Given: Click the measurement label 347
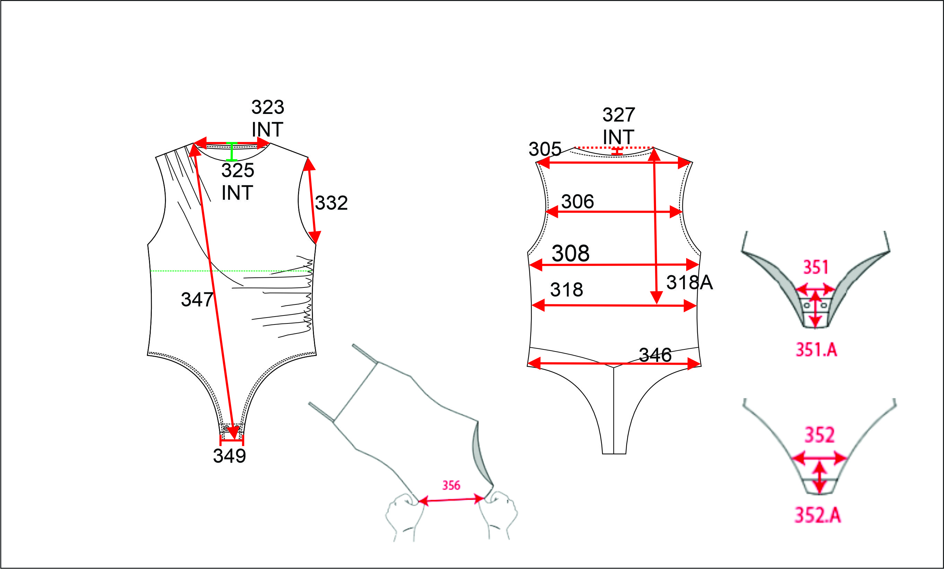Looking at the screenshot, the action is point(197,300).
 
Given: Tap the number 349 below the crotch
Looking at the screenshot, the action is point(229,456).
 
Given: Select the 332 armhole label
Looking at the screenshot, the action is point(331,203).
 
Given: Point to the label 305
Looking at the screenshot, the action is point(545,149).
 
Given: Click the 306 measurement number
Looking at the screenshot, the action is point(578,202).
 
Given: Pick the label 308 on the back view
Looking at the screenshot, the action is point(570,253).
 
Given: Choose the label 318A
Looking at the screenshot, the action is point(690,283).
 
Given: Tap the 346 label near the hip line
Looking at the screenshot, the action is point(655,355).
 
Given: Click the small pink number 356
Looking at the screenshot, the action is point(451,486).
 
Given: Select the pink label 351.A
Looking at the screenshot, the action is point(816,349).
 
